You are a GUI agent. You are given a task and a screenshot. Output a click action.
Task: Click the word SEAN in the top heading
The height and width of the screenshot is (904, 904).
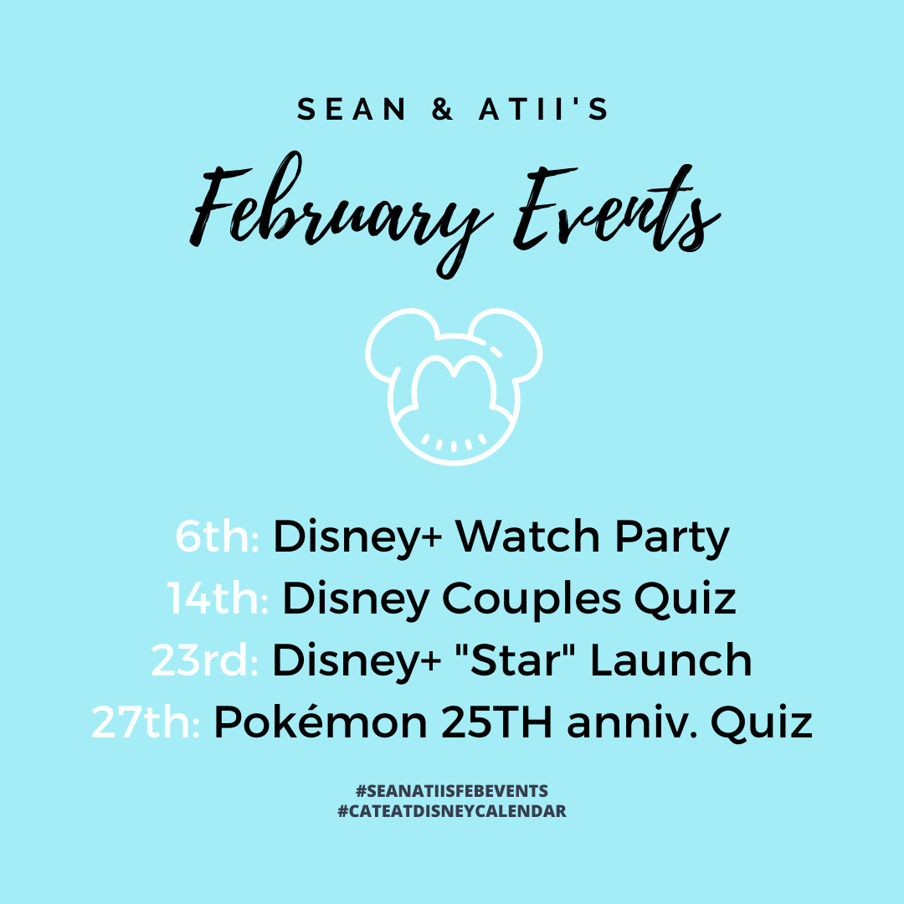[x=352, y=109]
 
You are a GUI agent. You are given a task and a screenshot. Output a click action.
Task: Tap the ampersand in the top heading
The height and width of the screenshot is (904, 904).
[x=442, y=109]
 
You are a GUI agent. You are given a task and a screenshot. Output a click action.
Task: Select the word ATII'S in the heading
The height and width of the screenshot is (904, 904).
[x=543, y=109]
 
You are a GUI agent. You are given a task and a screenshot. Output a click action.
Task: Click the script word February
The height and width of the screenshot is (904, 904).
[x=342, y=214]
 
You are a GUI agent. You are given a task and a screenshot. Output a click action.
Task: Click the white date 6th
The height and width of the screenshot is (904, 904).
[x=218, y=537]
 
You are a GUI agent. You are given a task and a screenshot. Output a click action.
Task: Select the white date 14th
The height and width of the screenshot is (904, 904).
[x=218, y=598]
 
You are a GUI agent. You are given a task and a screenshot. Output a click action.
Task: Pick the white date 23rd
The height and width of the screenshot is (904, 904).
[x=205, y=660]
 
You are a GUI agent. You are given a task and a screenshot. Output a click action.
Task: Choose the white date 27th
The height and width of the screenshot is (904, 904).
[x=146, y=722]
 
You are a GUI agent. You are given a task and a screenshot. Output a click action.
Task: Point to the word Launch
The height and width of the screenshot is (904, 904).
[x=671, y=660]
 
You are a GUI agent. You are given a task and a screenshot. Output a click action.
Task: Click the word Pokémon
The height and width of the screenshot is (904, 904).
[x=321, y=721]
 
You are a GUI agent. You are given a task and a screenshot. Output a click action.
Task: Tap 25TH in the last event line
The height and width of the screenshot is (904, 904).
[x=497, y=722]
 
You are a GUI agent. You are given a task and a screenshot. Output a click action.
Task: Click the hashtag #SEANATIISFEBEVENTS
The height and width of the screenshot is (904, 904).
[x=452, y=791]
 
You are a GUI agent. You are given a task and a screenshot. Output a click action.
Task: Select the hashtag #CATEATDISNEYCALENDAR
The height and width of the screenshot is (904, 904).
[x=452, y=811]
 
